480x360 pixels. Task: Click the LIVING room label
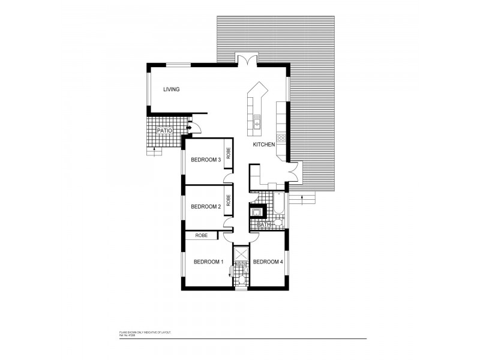click(x=172, y=89)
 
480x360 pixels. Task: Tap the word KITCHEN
click(x=263, y=145)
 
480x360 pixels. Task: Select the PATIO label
click(x=165, y=131)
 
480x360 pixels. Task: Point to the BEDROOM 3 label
click(x=206, y=160)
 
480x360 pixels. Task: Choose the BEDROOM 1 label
click(x=208, y=262)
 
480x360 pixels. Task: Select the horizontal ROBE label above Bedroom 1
click(x=201, y=236)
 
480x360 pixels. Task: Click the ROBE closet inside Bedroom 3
click(x=229, y=153)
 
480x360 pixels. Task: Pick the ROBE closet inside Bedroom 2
click(x=229, y=200)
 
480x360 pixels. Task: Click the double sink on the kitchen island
click(x=257, y=124)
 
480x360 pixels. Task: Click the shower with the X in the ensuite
click(x=241, y=253)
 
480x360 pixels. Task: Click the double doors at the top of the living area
click(x=246, y=60)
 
